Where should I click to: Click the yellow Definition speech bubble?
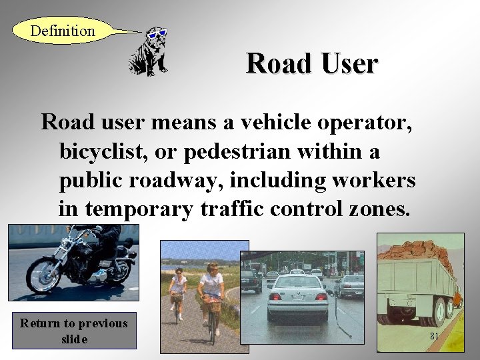click(x=63, y=31)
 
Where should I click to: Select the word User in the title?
click(x=348, y=64)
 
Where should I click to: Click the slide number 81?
click(x=434, y=337)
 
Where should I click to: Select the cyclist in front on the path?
click(x=211, y=293)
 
